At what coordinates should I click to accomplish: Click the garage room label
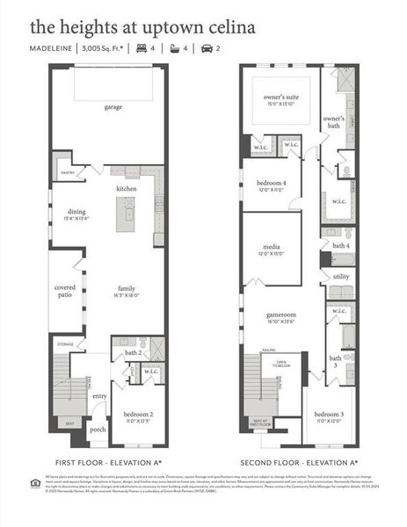pyautogui.click(x=113, y=107)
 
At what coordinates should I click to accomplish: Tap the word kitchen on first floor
pyautogui.click(x=127, y=189)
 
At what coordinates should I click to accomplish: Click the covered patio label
pyautogui.click(x=65, y=291)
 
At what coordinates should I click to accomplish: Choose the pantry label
pyautogui.click(x=66, y=174)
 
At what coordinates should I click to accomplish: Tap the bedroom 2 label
pyautogui.click(x=137, y=414)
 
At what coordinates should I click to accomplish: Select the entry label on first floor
pyautogui.click(x=99, y=396)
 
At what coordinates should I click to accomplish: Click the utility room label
pyautogui.click(x=340, y=276)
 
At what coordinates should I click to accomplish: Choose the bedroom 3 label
pyautogui.click(x=329, y=414)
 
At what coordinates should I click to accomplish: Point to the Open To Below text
pyautogui.click(x=281, y=364)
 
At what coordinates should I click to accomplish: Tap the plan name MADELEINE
pyautogui.click(x=51, y=48)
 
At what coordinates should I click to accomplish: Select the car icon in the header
pyautogui.click(x=207, y=48)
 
